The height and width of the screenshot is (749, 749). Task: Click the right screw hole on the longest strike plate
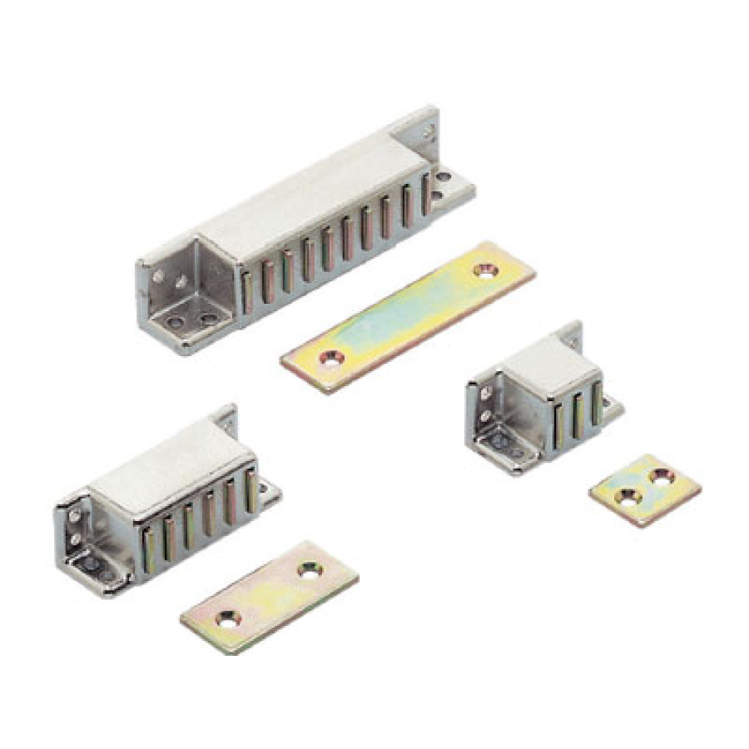coord(483,270)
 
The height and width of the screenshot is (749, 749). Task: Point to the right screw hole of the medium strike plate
coord(310,570)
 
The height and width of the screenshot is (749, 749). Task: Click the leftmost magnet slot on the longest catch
coord(248,290)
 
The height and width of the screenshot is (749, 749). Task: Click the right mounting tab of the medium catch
coord(268,494)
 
